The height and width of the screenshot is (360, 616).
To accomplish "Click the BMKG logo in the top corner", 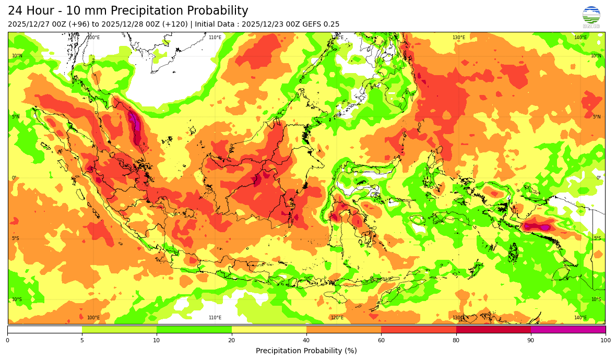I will pos(591,16).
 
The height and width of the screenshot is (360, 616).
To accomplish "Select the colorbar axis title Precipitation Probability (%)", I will pos(306,351).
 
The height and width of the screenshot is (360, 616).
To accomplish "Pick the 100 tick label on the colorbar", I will pos(605,340).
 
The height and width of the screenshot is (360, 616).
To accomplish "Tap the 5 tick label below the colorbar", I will pos(82,340).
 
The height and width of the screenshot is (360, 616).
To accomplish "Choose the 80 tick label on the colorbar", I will pos(456,340).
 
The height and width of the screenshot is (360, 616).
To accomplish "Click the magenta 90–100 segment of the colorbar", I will pos(568,329).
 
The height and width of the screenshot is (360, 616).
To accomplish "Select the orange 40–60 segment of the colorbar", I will pos(343,329).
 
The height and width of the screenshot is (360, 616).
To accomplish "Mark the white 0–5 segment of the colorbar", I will pos(45,329).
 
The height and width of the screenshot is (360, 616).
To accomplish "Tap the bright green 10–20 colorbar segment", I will pos(194,329).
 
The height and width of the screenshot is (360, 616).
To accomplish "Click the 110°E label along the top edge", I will pos(215,38).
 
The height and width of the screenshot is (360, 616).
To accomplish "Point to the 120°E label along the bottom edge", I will pos(337,318).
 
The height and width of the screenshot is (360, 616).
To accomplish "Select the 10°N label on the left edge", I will pos(17,56).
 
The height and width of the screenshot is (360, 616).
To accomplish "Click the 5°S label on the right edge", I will pos(597,238).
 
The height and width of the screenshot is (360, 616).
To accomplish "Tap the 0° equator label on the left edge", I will pos(14,178).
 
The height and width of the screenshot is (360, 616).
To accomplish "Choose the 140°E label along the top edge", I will pos(581,38).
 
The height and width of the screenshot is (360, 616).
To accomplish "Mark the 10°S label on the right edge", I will pos(596,299).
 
